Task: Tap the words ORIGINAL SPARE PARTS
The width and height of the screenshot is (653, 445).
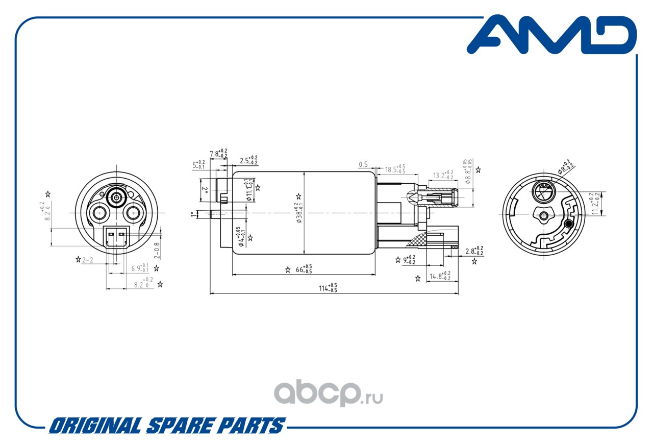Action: [x=166, y=426]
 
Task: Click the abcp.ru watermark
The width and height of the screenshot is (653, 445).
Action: [x=329, y=393]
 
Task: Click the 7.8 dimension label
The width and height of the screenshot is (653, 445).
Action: [x=218, y=153]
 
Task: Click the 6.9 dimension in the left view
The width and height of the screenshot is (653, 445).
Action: [x=139, y=268]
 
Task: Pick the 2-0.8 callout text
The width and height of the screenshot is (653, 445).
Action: [x=157, y=250]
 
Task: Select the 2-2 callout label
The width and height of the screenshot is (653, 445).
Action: [x=87, y=260]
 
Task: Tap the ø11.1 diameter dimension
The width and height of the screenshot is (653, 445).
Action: [x=248, y=190]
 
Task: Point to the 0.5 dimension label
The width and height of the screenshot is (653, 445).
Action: [x=363, y=164]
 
